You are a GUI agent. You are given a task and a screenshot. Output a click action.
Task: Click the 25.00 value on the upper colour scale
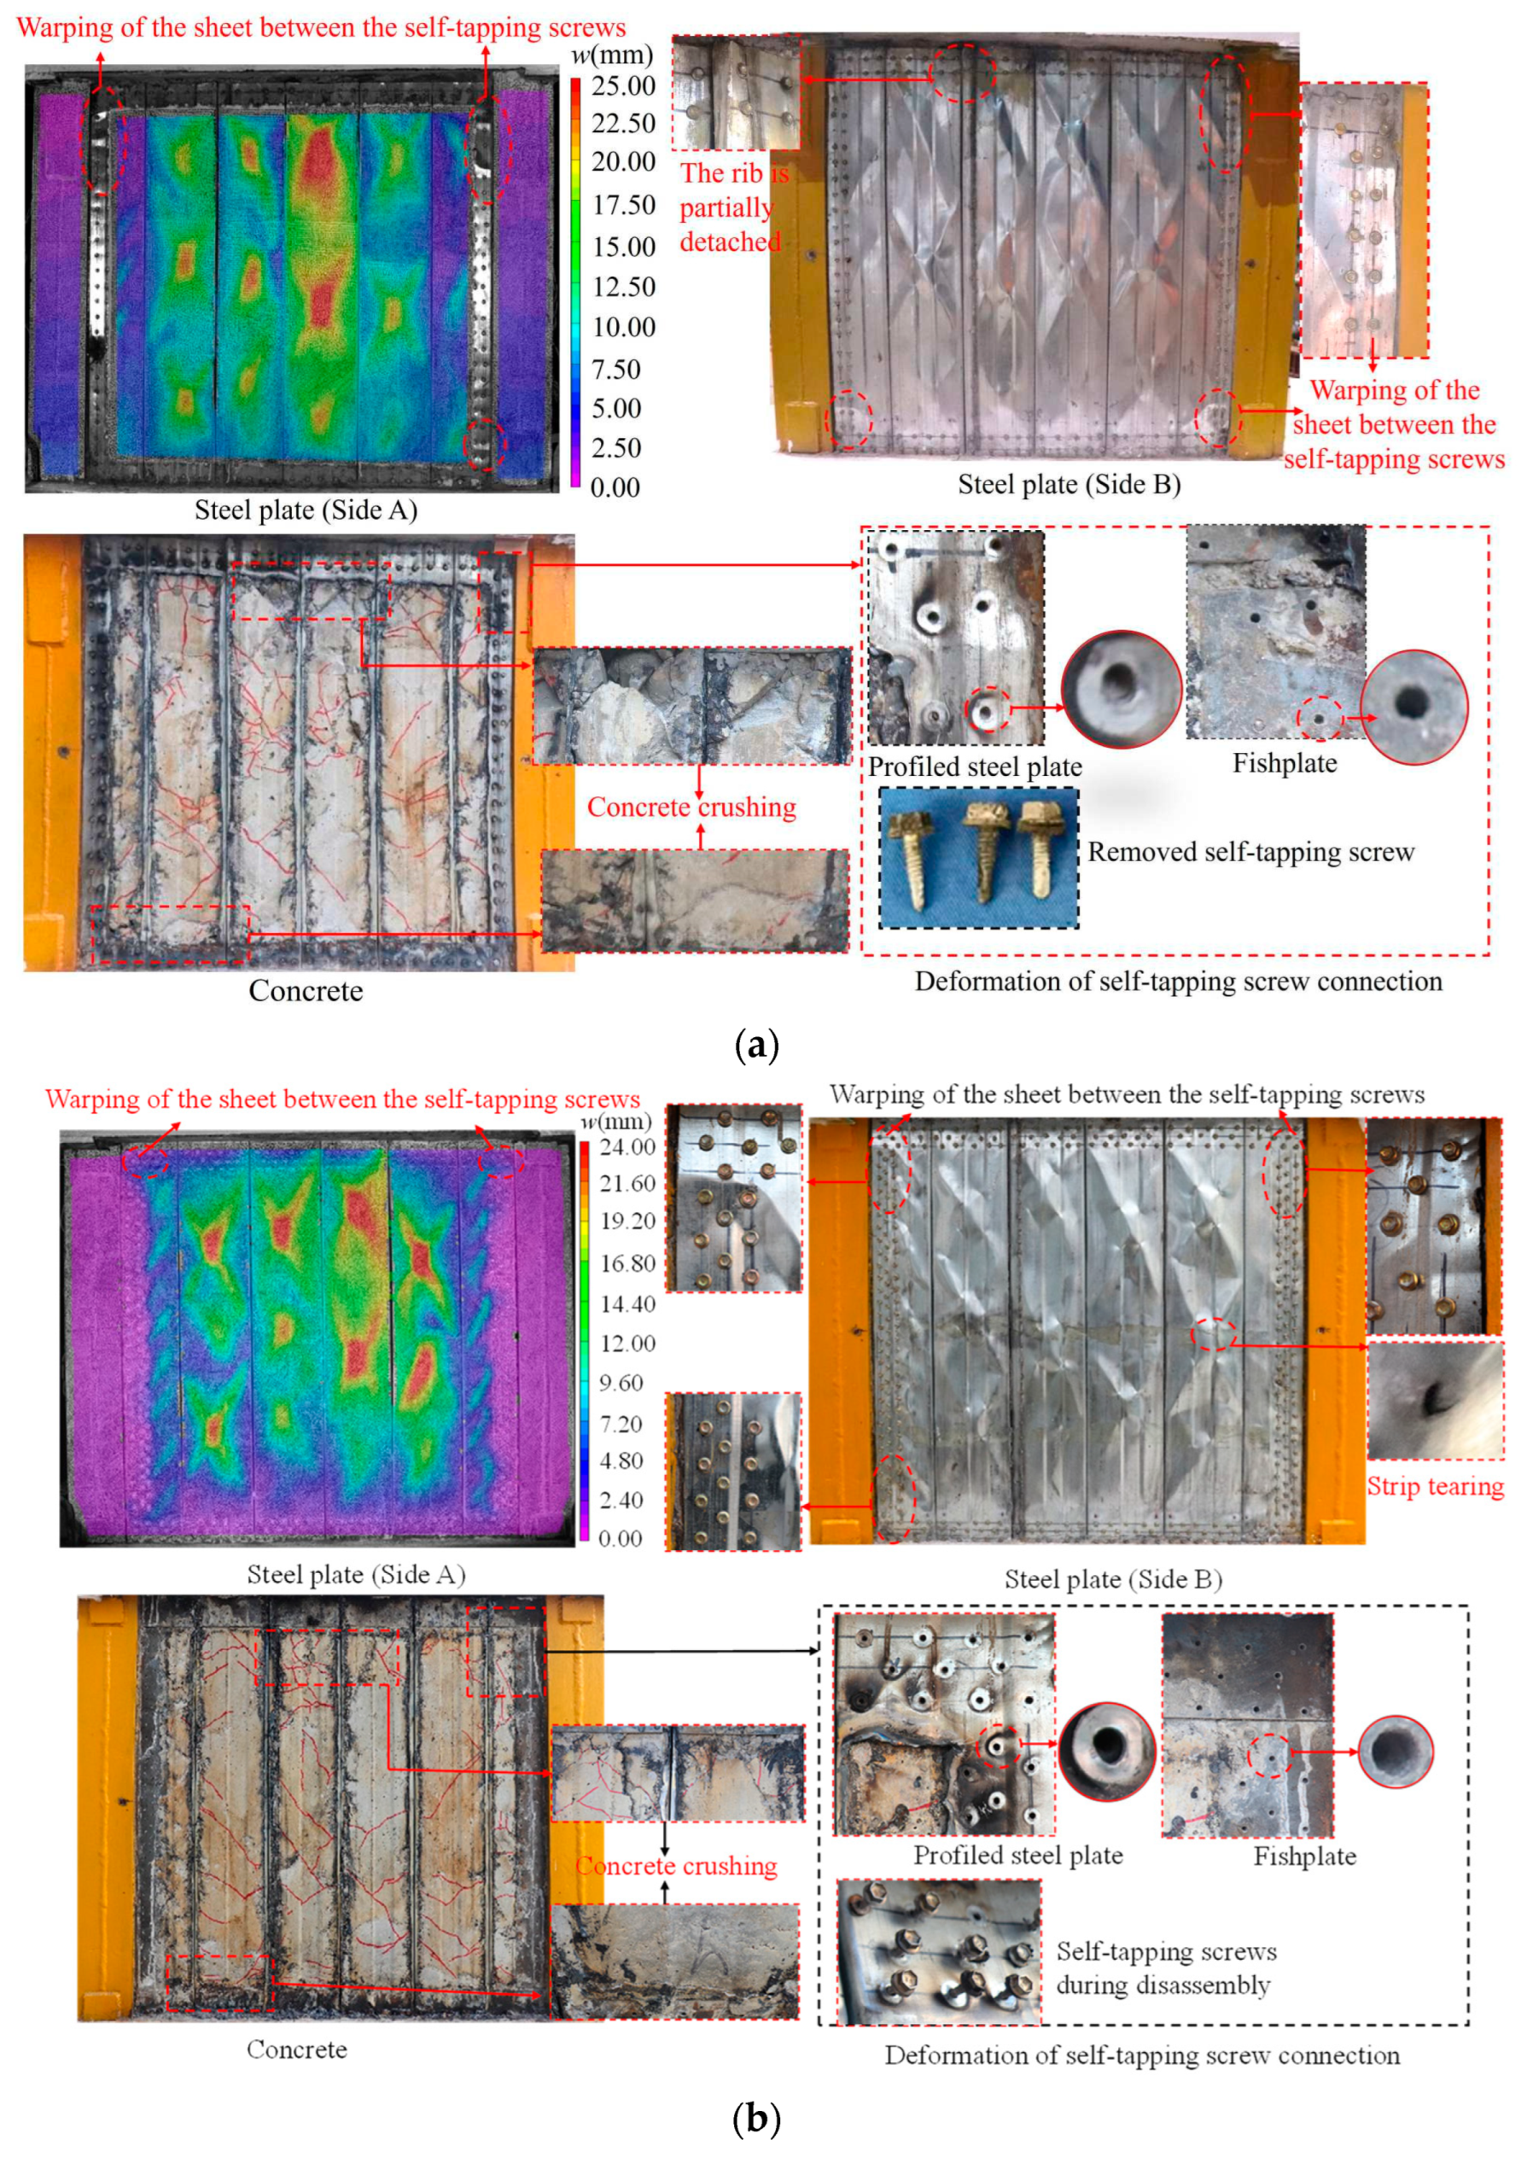tap(623, 86)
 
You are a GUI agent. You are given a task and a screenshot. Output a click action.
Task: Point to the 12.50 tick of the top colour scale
tap(623, 287)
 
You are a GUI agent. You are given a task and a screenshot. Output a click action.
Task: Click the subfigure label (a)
tap(756, 1045)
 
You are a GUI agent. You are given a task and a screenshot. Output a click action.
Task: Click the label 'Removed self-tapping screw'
tap(1250, 853)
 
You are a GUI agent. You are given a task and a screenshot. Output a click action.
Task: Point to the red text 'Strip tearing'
tap(1435, 1486)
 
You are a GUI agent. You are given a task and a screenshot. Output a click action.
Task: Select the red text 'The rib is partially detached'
tap(733, 207)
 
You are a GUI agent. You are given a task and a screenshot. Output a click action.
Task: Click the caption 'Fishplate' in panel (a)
tap(1285, 763)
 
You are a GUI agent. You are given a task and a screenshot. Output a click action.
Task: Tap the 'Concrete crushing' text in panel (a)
tap(691, 807)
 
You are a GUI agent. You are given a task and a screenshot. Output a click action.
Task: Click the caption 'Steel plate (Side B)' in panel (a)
tap(1069, 484)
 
